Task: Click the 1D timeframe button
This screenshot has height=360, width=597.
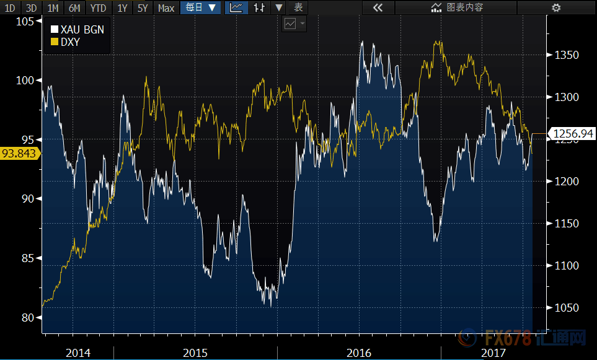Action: click(x=10, y=7)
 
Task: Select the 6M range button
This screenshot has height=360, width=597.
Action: click(x=74, y=7)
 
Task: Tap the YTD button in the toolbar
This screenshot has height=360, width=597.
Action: click(x=97, y=7)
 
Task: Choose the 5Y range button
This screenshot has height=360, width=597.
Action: click(x=143, y=7)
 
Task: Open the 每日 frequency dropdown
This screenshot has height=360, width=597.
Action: click(x=201, y=7)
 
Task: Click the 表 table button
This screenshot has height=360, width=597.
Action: click(x=298, y=7)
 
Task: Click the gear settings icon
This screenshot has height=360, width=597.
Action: click(x=556, y=7)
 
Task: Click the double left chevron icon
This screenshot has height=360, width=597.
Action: click(x=377, y=7)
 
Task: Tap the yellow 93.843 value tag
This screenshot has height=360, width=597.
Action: click(x=19, y=153)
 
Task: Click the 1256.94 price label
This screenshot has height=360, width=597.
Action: click(x=572, y=133)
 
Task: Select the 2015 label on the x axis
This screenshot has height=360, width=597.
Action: click(x=196, y=353)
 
